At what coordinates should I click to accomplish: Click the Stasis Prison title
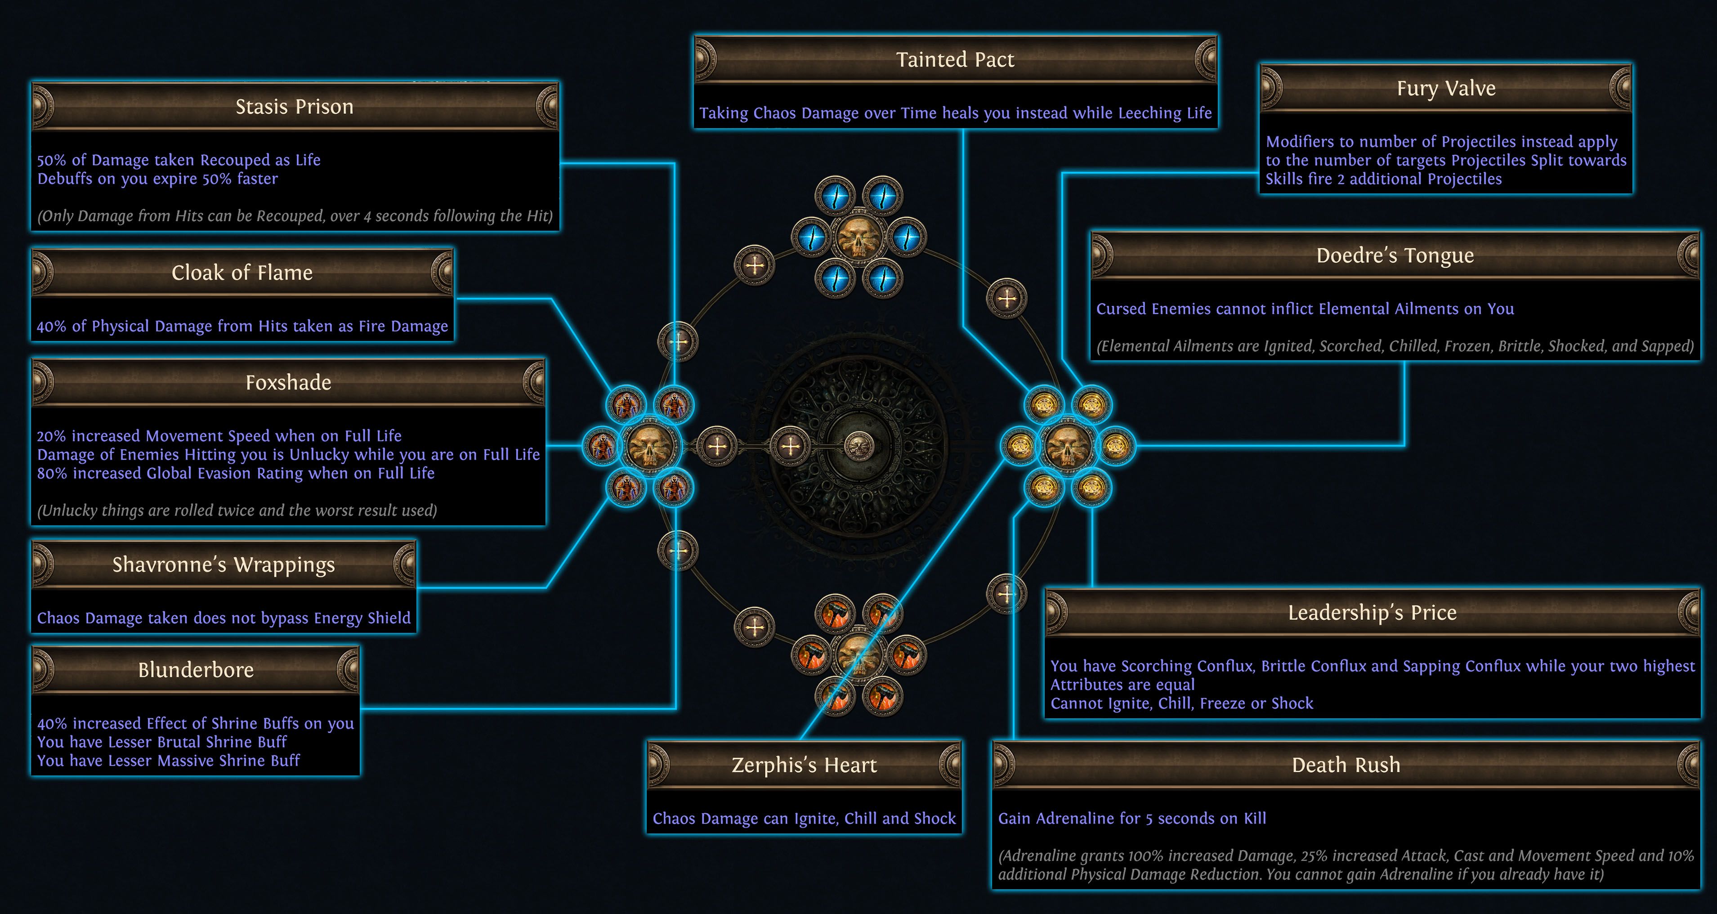click(294, 107)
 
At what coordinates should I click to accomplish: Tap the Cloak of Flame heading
click(242, 273)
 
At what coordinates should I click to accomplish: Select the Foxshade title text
click(288, 383)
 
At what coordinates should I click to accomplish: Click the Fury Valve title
click(1446, 89)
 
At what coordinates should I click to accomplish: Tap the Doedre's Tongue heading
click(1395, 256)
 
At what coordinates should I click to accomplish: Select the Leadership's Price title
click(1372, 613)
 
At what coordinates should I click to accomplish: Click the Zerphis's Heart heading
click(804, 765)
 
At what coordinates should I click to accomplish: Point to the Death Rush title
click(1346, 765)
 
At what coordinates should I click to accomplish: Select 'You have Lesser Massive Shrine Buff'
click(169, 761)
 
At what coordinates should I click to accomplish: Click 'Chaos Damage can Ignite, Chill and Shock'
click(804, 819)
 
